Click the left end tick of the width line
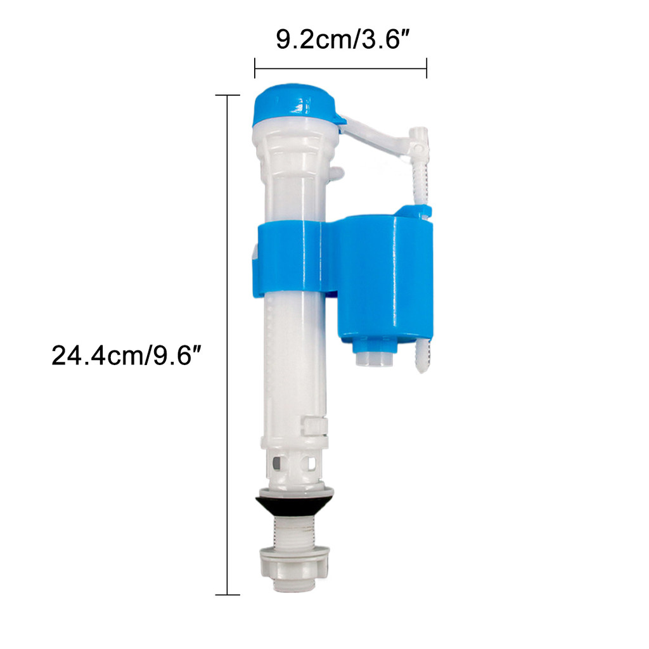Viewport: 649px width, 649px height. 255,68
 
